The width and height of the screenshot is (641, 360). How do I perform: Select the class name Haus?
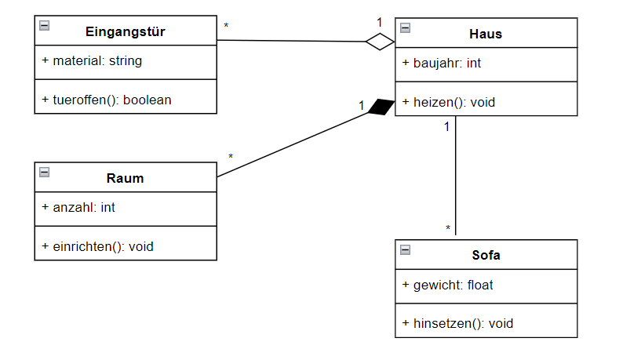(485, 34)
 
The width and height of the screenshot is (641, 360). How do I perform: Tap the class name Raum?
(125, 178)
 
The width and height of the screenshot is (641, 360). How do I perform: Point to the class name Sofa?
(486, 255)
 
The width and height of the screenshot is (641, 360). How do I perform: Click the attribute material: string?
(92, 60)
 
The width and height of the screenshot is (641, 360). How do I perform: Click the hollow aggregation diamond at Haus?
(381, 42)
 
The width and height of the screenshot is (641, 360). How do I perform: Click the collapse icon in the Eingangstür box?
(45, 26)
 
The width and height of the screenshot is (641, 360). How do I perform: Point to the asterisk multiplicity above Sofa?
(448, 229)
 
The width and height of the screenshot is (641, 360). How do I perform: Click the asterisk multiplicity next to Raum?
(231, 158)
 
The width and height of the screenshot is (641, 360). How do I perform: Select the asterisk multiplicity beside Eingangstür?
(227, 27)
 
